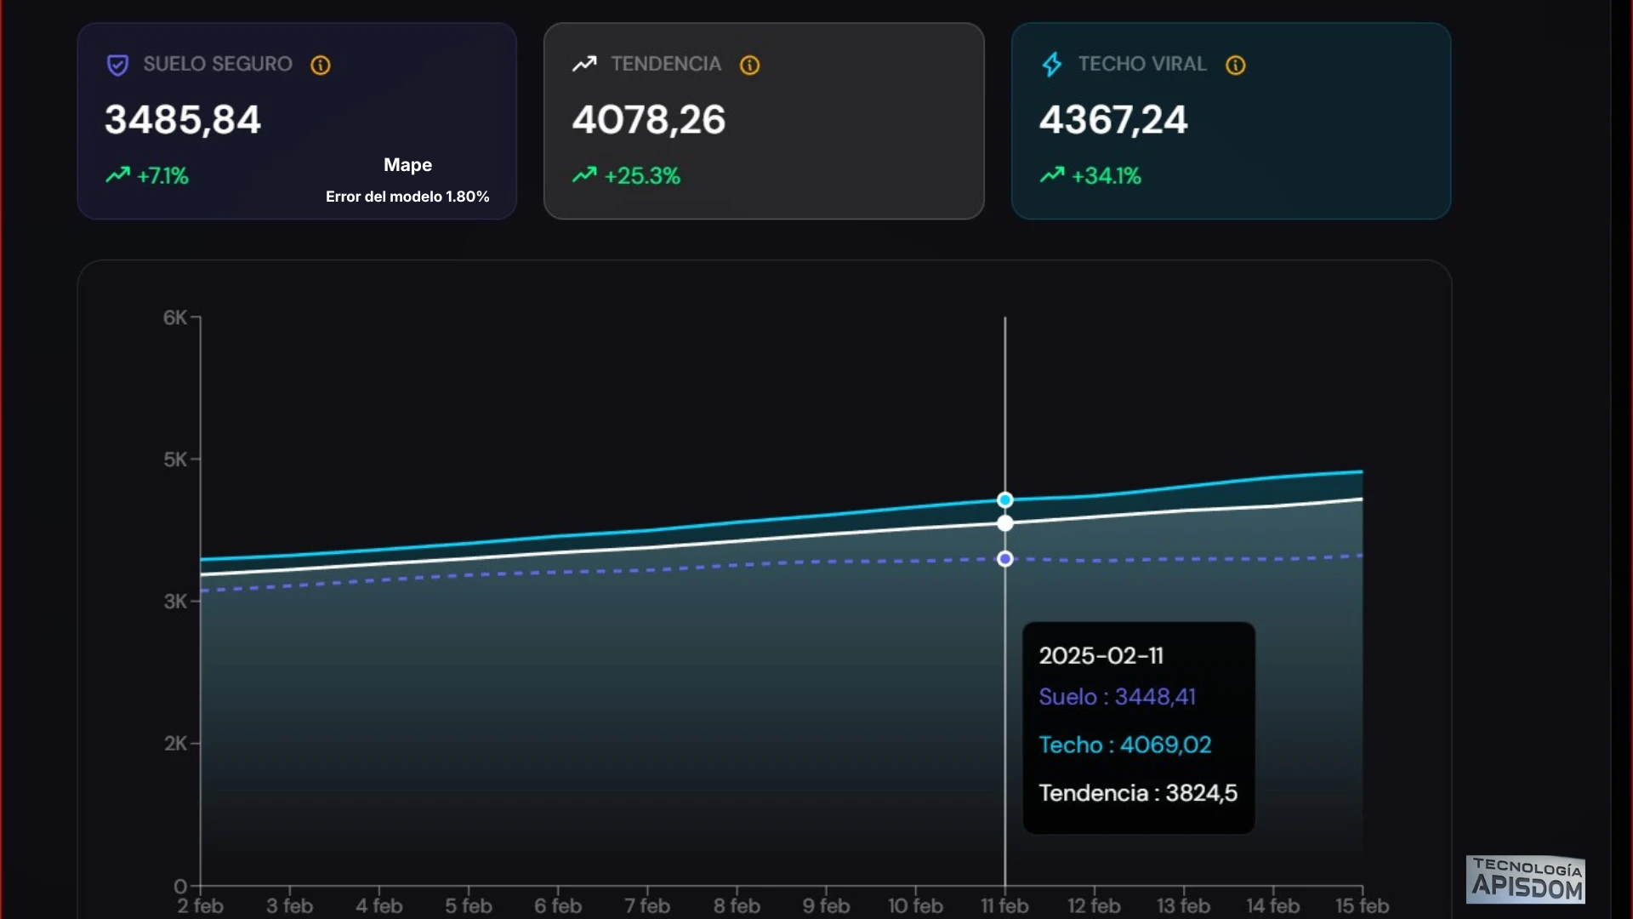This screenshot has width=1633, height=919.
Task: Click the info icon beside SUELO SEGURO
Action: [x=321, y=66]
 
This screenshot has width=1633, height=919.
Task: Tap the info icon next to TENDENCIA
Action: [x=749, y=66]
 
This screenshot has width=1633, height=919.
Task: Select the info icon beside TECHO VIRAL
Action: [x=1235, y=66]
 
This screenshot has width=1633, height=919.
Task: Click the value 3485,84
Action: [x=182, y=120]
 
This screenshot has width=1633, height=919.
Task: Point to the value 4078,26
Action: [x=648, y=120]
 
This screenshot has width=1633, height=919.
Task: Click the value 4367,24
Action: [x=1112, y=120]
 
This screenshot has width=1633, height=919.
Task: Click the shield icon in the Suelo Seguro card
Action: [x=117, y=66]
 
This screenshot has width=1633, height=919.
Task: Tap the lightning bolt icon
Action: [x=1052, y=65]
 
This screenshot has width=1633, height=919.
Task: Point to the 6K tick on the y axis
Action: [x=175, y=318]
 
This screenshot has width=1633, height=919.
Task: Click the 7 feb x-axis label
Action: [x=647, y=906]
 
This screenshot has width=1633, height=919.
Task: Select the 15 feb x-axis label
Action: [x=1362, y=906]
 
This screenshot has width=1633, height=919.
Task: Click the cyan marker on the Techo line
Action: [x=1005, y=500]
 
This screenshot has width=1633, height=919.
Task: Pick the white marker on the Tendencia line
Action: [x=1005, y=523]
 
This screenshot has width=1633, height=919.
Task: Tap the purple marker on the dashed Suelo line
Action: [x=1005, y=559]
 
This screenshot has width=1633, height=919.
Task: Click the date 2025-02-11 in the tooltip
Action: [x=1101, y=656]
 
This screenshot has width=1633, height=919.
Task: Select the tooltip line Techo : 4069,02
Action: [x=1124, y=745]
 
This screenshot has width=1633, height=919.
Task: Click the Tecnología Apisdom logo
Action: [x=1527, y=880]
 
